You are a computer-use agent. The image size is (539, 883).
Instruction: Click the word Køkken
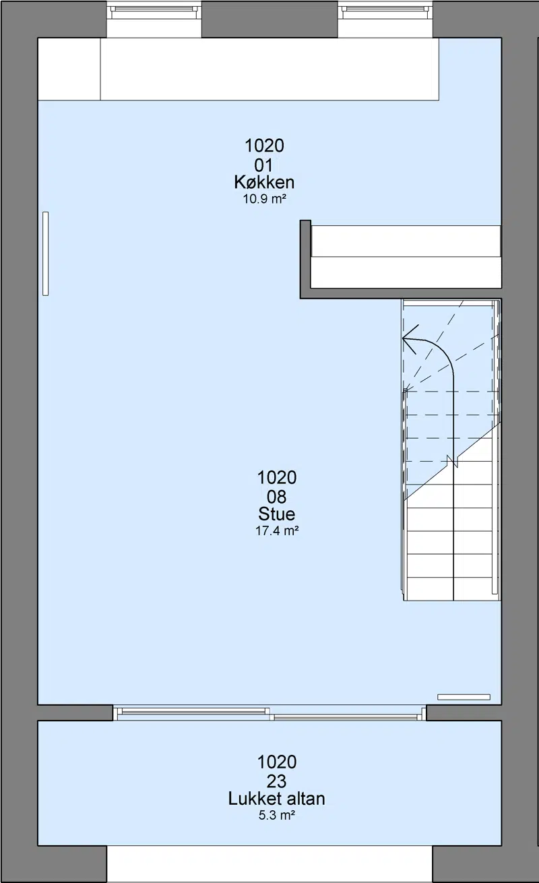[x=264, y=183]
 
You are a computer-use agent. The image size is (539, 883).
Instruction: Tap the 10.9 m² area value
[x=264, y=199]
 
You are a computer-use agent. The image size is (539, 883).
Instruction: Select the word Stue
[x=277, y=514]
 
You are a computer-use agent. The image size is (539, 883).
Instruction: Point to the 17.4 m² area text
[x=277, y=531]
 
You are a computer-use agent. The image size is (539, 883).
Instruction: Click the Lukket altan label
[x=277, y=799]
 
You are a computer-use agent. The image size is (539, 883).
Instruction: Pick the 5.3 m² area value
[x=277, y=815]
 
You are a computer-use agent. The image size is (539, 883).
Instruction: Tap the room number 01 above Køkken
[x=264, y=165]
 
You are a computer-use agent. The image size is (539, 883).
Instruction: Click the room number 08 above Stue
[x=277, y=497]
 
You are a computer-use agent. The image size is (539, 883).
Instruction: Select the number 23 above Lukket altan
[x=277, y=781]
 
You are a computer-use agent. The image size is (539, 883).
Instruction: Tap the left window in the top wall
[x=154, y=12]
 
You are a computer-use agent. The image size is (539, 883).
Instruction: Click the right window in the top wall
[x=385, y=12]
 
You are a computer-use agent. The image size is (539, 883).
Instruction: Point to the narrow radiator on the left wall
[x=45, y=253]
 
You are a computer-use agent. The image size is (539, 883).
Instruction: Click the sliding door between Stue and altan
[x=269, y=714]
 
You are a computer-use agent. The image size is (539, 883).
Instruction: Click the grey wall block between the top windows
[x=269, y=19]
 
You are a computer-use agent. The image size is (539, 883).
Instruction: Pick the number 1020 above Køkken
[x=264, y=146]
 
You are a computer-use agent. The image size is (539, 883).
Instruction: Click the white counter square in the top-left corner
[x=69, y=69]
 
